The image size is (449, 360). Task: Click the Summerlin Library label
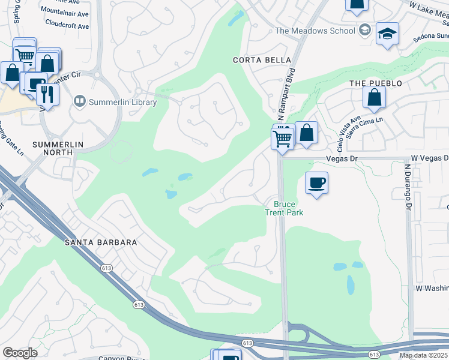click(122, 102)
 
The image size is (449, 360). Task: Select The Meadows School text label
click(315, 31)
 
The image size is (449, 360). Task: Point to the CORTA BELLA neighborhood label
click(262, 60)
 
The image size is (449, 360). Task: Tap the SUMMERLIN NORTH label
click(61, 149)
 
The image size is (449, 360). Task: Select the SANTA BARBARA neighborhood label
click(101, 242)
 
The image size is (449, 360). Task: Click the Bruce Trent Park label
click(285, 208)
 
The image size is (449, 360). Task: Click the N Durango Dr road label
click(408, 186)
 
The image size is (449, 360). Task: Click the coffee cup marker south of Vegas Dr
click(316, 182)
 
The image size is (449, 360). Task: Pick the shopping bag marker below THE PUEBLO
click(374, 98)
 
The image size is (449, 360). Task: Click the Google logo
click(20, 353)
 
